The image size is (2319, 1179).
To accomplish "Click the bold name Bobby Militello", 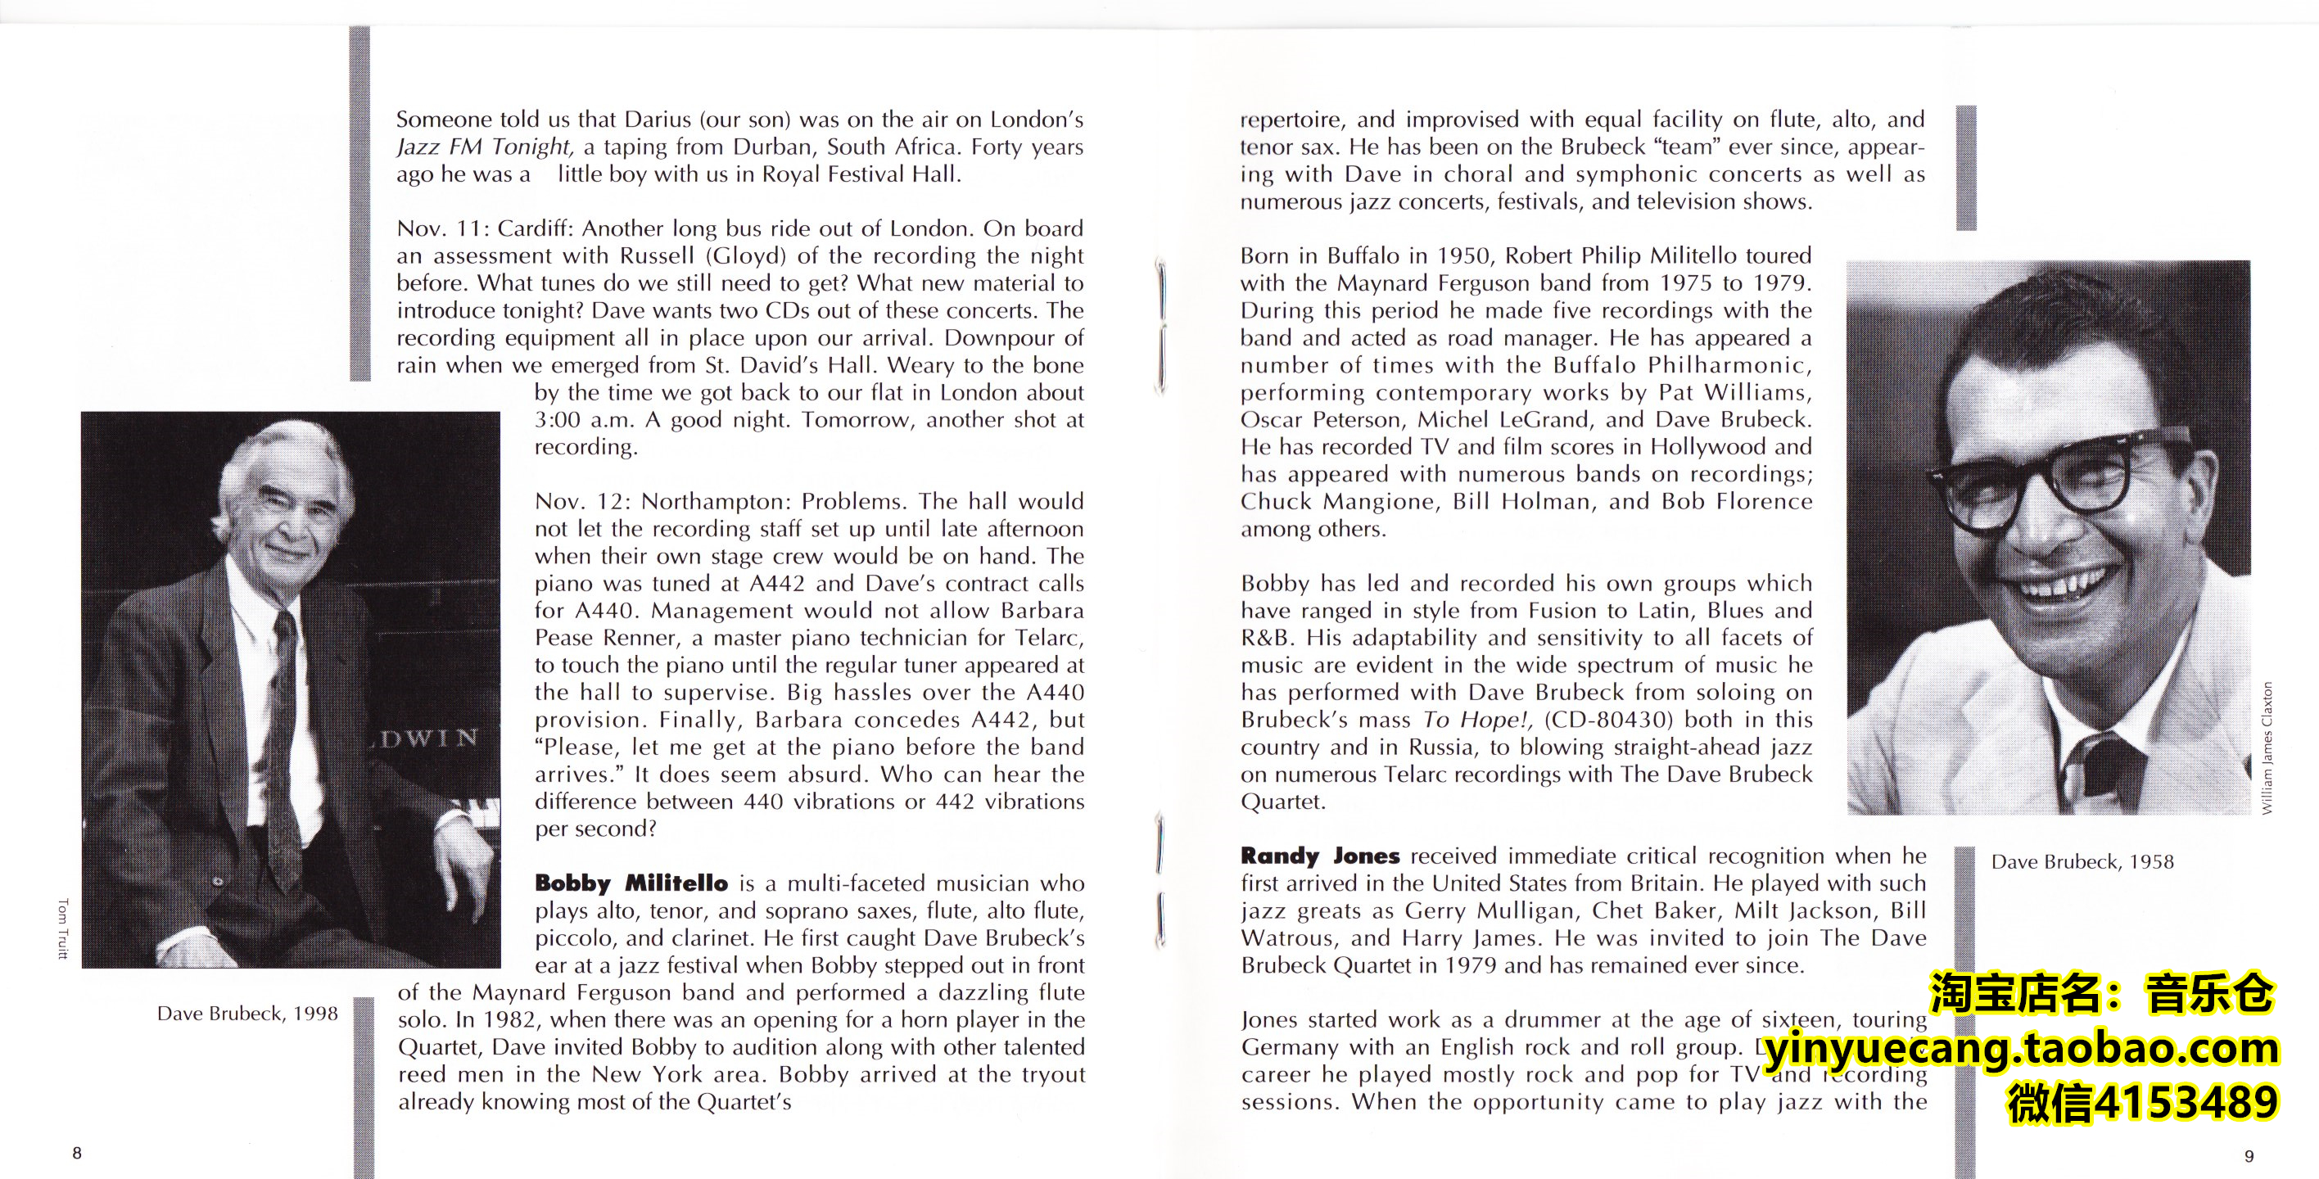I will [x=631, y=883].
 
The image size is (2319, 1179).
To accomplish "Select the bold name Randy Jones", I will [x=1320, y=856].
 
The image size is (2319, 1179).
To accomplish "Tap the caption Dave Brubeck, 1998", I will [x=247, y=1014].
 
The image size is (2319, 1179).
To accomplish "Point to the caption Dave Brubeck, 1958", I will [x=2082, y=862].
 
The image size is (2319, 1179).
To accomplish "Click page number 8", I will [x=78, y=1153].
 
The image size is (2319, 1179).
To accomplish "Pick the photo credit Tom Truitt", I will [x=62, y=928].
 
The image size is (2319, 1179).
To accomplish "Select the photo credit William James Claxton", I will [x=2267, y=748].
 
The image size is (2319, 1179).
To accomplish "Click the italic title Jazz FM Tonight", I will [x=484, y=147].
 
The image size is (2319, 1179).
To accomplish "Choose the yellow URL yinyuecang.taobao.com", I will [x=2020, y=1050].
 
